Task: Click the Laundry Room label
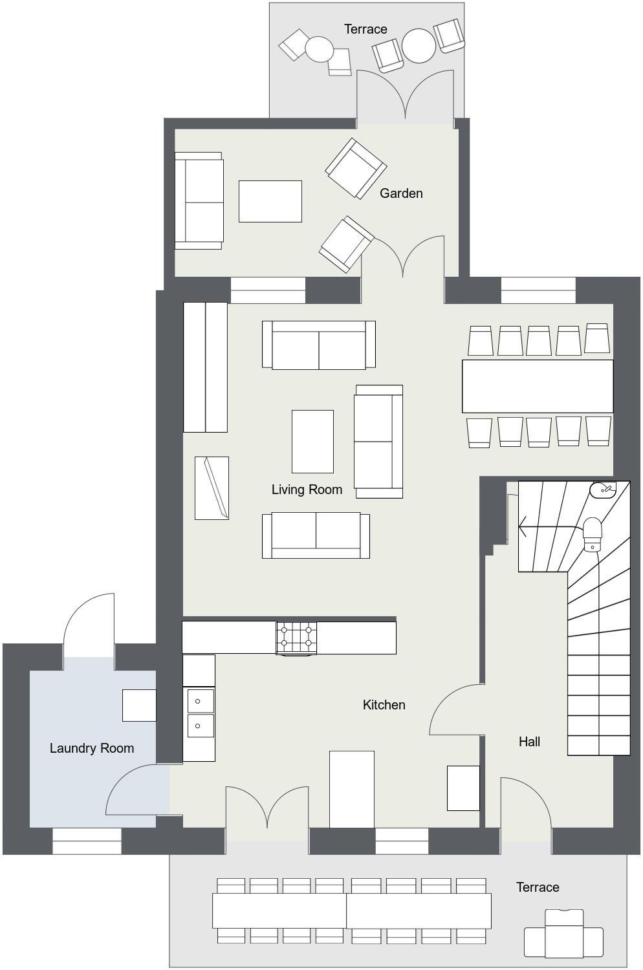(x=92, y=748)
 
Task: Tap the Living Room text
(x=307, y=490)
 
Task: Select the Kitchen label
(x=384, y=705)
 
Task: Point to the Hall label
(x=529, y=741)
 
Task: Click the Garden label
(x=401, y=193)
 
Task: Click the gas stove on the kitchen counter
(x=296, y=638)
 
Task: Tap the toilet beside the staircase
(x=593, y=534)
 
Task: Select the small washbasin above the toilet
(x=603, y=490)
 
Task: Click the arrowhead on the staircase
(x=523, y=526)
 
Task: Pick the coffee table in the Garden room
(x=270, y=201)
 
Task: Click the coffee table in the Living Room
(x=312, y=441)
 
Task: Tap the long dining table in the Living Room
(x=538, y=386)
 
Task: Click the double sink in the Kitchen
(x=200, y=713)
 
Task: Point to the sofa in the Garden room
(x=199, y=200)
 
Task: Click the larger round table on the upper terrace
(x=419, y=45)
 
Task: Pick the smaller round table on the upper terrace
(x=320, y=49)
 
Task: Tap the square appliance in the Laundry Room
(x=139, y=706)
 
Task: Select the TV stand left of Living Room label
(x=212, y=488)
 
